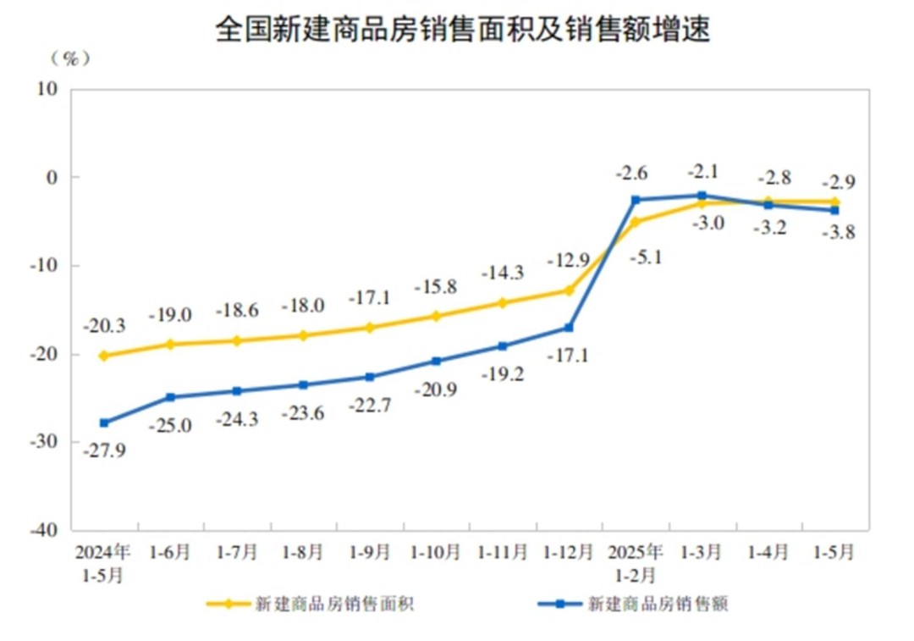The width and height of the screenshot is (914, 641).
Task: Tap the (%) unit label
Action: pos(70,59)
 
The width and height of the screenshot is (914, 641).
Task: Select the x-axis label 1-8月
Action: pos(303,552)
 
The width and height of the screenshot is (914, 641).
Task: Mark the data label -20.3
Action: pos(104,325)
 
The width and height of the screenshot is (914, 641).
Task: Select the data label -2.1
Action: pos(702,171)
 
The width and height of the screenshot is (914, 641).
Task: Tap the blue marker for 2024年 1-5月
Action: pos(104,423)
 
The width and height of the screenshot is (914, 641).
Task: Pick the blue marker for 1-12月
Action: pos(569,328)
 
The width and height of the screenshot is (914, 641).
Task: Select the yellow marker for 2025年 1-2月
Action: pos(636,222)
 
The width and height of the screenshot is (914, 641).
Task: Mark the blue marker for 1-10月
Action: pos(436,361)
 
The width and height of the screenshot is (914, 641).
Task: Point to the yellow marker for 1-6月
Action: pos(170,344)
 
